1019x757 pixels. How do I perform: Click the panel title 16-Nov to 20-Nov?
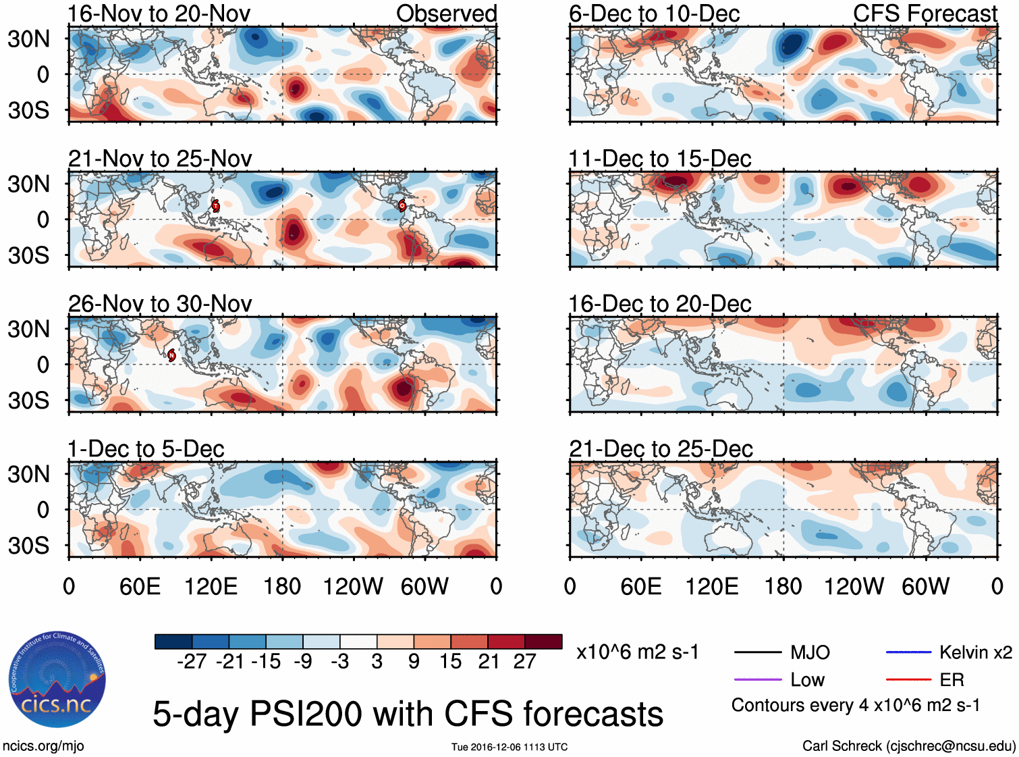click(x=159, y=14)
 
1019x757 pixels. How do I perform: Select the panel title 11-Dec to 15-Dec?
click(x=660, y=159)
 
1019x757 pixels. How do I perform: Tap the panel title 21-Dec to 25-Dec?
click(x=661, y=449)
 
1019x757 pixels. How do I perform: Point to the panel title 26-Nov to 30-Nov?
click(x=160, y=304)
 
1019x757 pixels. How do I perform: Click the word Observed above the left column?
click(x=446, y=14)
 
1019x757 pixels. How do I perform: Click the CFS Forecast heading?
click(x=925, y=14)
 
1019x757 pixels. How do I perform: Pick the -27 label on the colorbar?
click(x=192, y=661)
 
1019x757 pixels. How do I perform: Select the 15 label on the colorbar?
click(x=450, y=661)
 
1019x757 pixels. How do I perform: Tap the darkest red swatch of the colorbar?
click(x=543, y=642)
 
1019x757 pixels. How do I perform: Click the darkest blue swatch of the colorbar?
click(x=173, y=642)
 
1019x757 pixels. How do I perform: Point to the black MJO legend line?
click(x=757, y=652)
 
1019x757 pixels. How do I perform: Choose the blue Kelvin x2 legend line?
click(x=908, y=652)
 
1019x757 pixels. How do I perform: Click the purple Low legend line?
click(x=757, y=679)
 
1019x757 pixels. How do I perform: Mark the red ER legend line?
click(x=908, y=679)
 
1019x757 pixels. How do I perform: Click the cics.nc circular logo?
click(x=57, y=679)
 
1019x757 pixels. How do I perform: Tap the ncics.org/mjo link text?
click(x=43, y=746)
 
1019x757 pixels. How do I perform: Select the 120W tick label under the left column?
click(x=352, y=586)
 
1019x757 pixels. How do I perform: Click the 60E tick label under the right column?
click(x=640, y=586)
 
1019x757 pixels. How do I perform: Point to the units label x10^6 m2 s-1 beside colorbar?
click(x=637, y=652)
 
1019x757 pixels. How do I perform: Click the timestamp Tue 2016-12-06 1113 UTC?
click(x=509, y=747)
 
